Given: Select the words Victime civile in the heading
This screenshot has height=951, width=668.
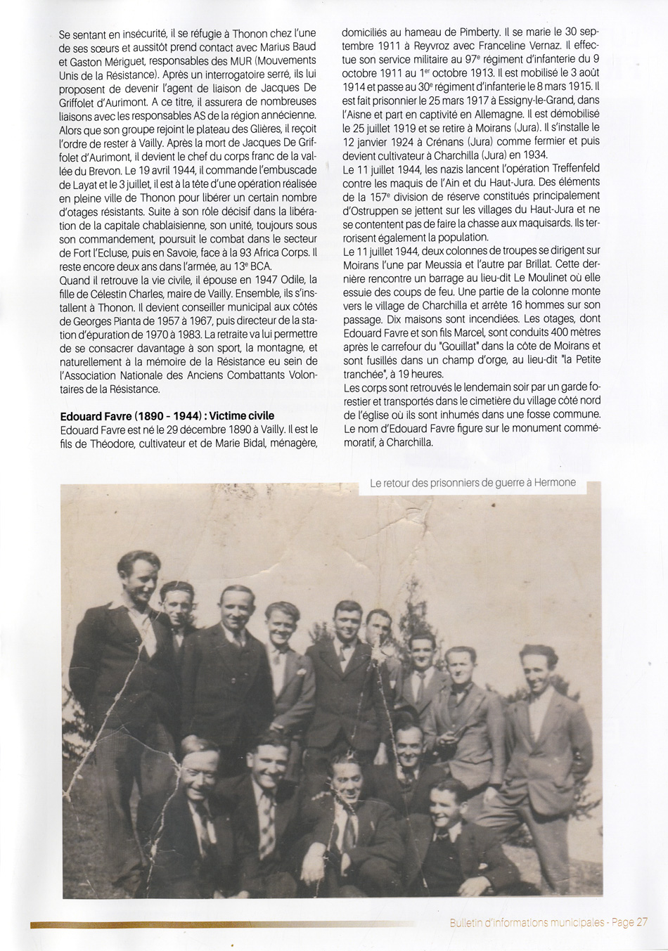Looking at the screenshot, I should tap(242, 415).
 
